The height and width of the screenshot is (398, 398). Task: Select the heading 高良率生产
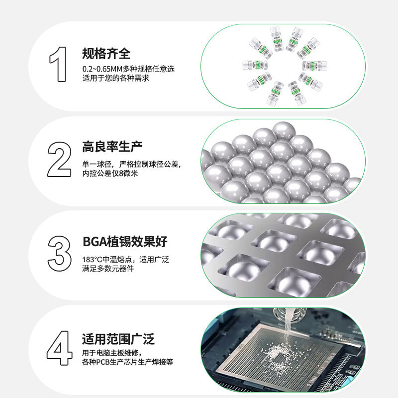point(112,147)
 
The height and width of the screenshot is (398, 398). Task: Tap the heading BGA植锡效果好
point(124,242)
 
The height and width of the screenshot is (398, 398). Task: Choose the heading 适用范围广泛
point(118,339)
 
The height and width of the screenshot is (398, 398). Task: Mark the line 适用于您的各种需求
point(115,79)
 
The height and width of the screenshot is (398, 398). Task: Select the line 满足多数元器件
point(108,269)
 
